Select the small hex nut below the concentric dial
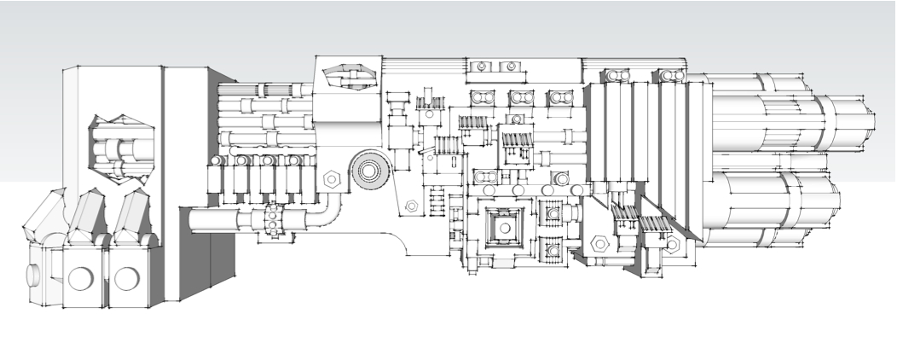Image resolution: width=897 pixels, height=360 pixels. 411,206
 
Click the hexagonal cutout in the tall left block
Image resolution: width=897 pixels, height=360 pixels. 119,148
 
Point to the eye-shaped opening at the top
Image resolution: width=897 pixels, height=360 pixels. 349,77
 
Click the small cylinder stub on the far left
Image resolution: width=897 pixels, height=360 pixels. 32,276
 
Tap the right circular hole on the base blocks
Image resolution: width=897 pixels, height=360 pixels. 127,278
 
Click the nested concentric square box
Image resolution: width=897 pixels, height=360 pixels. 504,226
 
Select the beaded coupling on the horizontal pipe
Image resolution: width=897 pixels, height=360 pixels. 273,220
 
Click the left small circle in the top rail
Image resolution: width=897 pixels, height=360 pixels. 482,67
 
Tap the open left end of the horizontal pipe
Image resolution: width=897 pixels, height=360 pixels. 191,221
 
